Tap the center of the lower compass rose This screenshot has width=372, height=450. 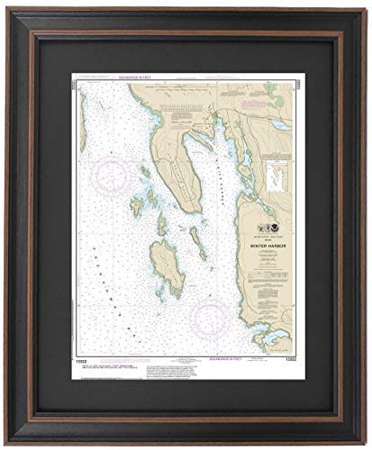(209, 317)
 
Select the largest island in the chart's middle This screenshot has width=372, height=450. (167, 266)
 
